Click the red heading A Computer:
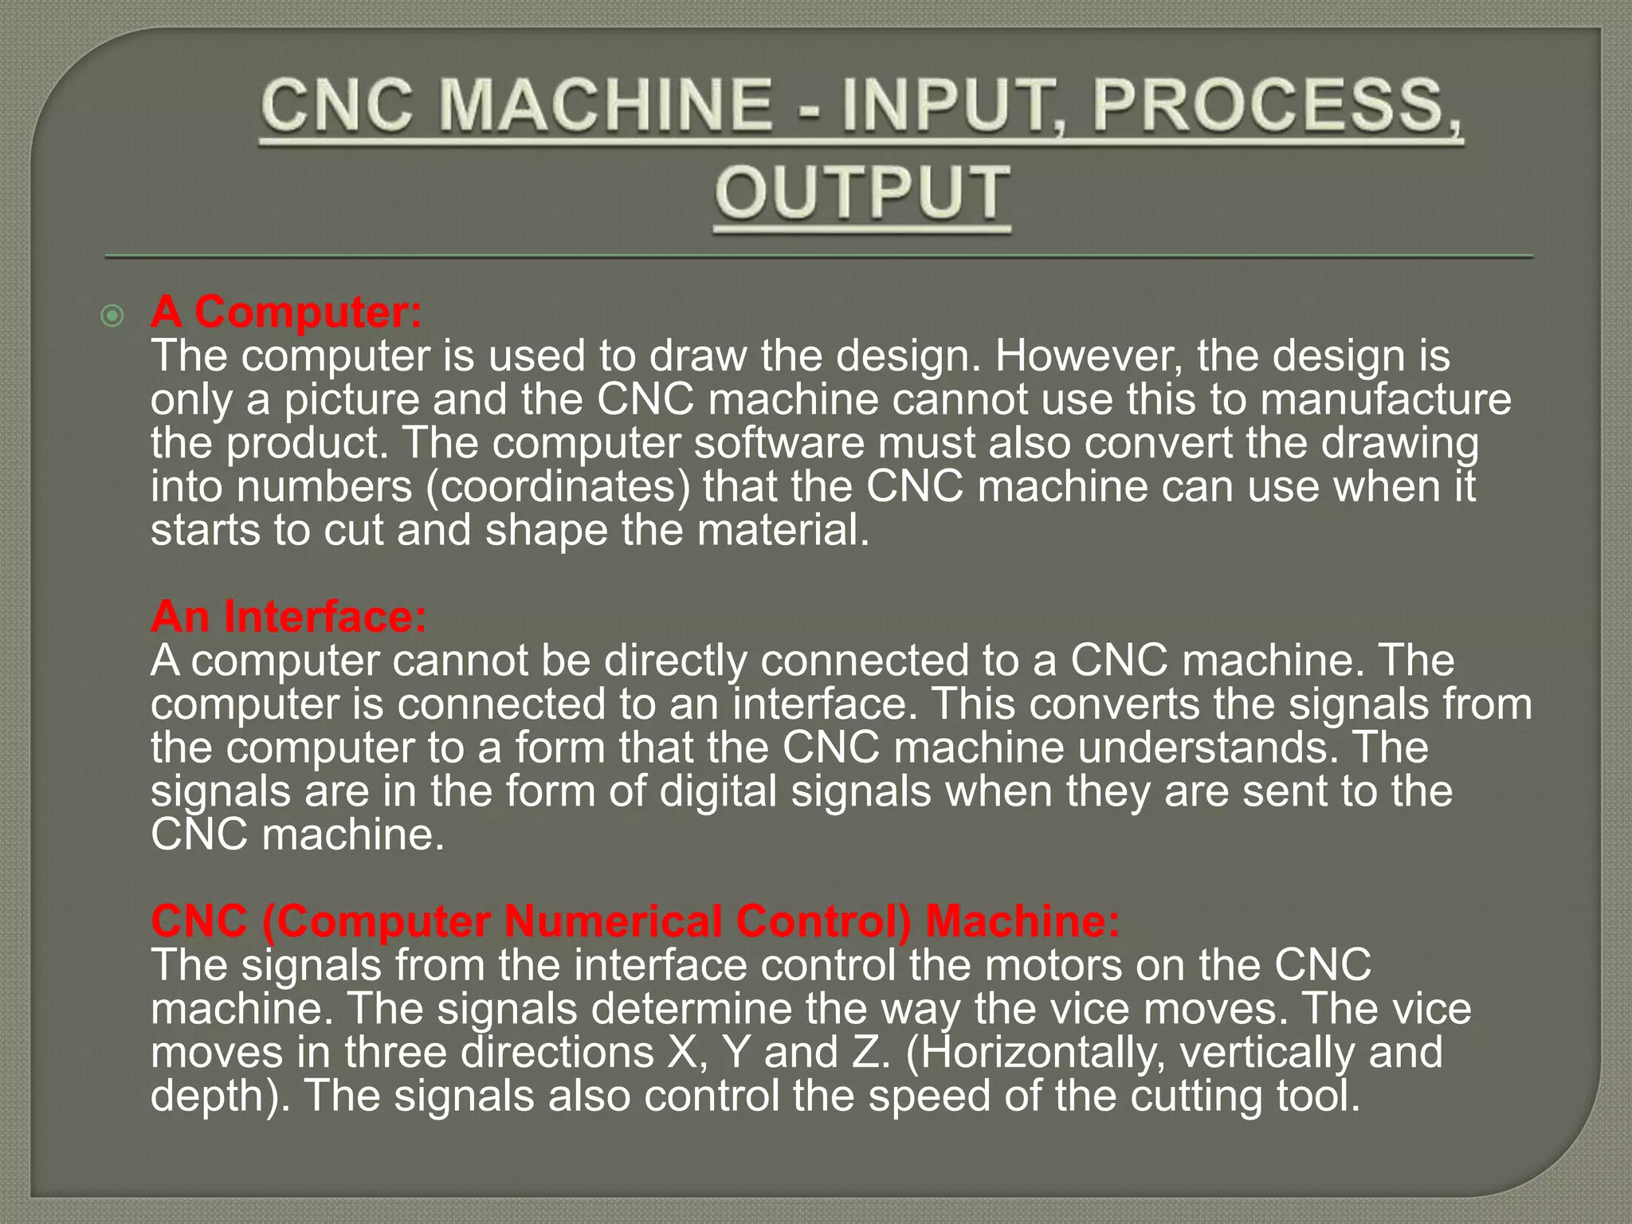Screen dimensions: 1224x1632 (x=286, y=312)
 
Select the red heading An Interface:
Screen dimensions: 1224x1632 (x=288, y=616)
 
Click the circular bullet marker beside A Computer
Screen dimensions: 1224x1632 (x=112, y=316)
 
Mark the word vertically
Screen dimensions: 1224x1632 (x=1267, y=1052)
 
